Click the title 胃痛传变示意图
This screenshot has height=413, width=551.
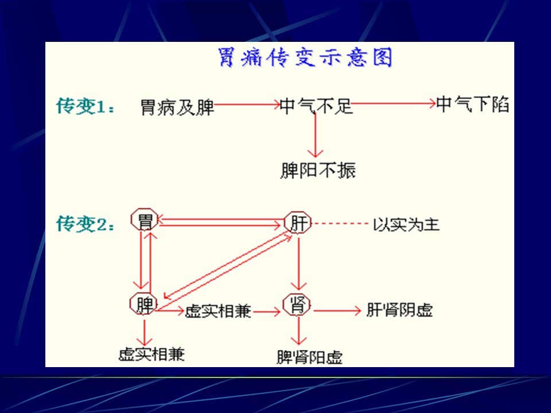(305, 57)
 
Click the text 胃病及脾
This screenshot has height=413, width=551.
(177, 107)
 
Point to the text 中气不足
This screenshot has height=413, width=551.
(316, 106)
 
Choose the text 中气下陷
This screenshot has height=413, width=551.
(472, 104)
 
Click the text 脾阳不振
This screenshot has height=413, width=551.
(318, 170)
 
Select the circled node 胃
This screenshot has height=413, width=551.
(145, 220)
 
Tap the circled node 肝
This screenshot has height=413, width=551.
(298, 223)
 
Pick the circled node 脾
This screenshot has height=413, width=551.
(143, 304)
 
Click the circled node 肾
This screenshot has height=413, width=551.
(297, 305)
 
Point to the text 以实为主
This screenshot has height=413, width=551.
(406, 224)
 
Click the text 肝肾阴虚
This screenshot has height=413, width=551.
(399, 310)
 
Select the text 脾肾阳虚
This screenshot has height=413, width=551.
(309, 357)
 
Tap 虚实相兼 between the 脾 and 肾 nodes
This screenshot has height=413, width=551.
(218, 311)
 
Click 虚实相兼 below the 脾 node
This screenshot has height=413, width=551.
(152, 354)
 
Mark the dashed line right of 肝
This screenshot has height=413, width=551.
(340, 223)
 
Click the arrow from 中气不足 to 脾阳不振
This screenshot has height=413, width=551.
(315, 135)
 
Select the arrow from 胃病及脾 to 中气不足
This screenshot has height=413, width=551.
(247, 104)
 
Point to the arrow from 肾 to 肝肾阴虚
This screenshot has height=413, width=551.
(337, 310)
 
